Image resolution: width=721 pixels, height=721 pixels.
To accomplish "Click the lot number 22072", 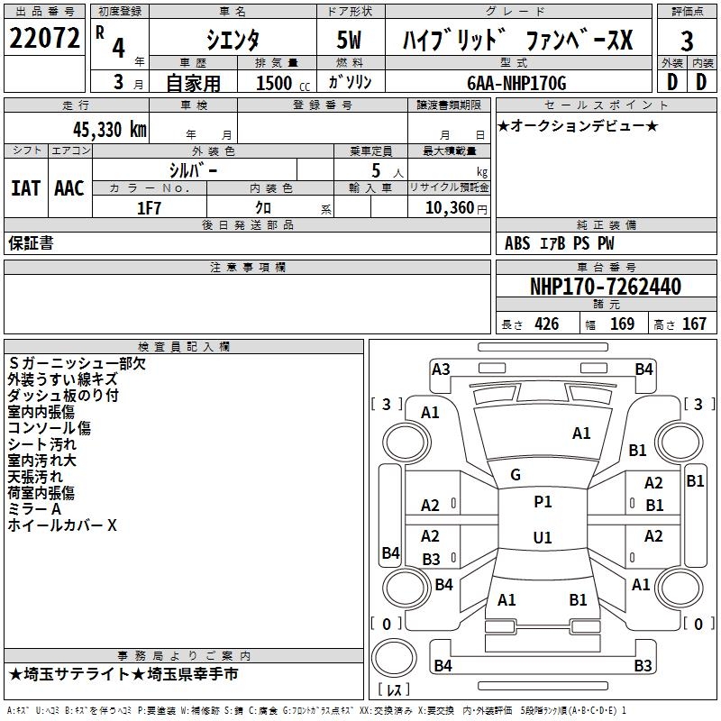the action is pos(44,39).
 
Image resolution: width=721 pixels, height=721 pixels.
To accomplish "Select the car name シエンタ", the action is pos(232,41).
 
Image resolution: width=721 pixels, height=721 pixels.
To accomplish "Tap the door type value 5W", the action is pos(350,41).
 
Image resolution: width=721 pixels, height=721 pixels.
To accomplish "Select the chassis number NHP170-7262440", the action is pos(605,287).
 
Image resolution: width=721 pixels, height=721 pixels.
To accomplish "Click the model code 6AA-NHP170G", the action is pos(516,83).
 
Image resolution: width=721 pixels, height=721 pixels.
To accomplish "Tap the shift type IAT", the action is pos(25,188).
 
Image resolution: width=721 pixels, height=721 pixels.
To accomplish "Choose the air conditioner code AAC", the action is pos(69,188).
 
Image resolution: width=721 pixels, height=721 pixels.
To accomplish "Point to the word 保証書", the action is pos(32,242).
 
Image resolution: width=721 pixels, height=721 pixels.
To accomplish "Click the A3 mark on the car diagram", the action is pos(441,369).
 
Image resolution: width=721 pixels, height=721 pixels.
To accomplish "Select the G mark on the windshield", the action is pos(516,475).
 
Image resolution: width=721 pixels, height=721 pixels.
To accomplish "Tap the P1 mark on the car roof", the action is pos(543,502).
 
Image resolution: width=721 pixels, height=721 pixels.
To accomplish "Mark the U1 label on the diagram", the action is pos(543,537).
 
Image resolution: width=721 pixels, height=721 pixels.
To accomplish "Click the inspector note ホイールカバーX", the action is pos(62,525).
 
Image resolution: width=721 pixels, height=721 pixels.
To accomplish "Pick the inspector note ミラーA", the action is pos(34,509).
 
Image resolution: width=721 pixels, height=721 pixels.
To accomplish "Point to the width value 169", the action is pos(622,324).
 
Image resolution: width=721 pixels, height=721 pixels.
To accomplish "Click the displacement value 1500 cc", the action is pos(277,83).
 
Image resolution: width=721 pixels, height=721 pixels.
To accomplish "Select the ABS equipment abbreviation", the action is pos(517,242).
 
